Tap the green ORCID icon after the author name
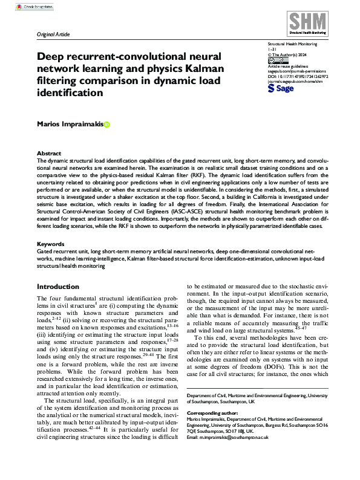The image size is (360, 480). point(107,125)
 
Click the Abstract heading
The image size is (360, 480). point(48,154)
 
